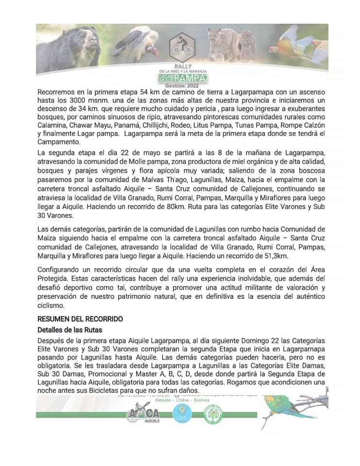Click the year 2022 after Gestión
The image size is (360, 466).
[193, 85]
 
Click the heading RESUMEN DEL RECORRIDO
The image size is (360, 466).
[80, 319]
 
